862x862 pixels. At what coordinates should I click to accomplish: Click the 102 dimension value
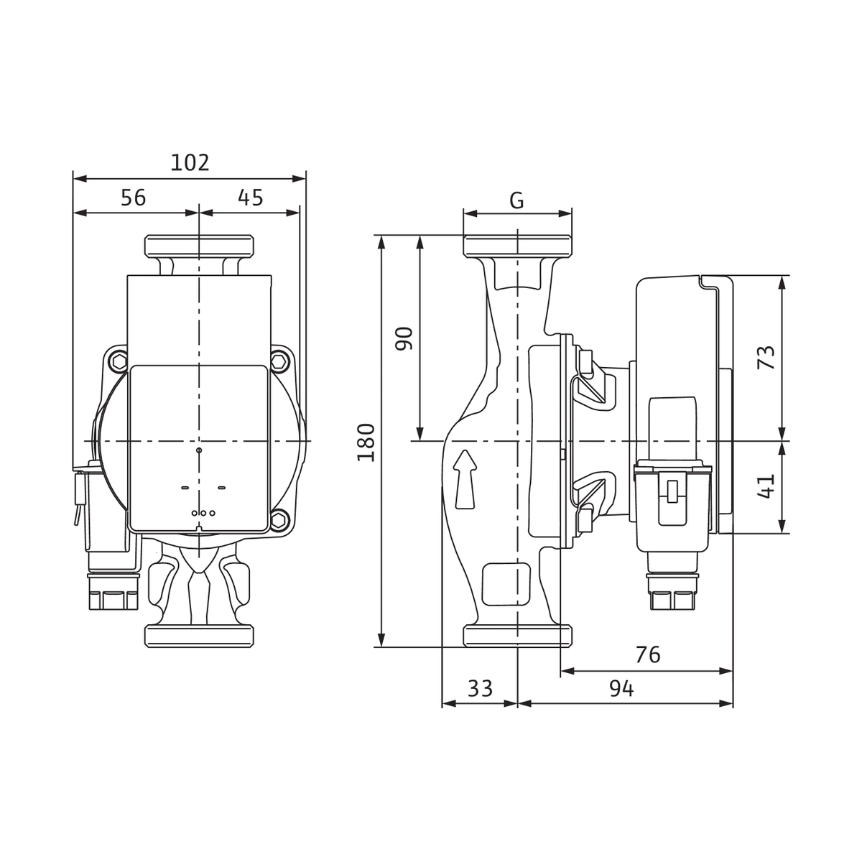click(190, 162)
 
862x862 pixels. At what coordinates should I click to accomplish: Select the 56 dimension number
click(134, 198)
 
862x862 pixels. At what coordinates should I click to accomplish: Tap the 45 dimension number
click(251, 198)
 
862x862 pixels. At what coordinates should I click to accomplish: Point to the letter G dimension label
click(516, 200)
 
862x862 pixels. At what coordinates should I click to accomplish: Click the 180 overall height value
click(366, 442)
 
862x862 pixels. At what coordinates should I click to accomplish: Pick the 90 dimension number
click(404, 338)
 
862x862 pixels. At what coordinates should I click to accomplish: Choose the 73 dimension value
click(765, 357)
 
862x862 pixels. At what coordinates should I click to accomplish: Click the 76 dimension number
click(648, 655)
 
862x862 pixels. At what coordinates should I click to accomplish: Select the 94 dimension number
click(621, 689)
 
